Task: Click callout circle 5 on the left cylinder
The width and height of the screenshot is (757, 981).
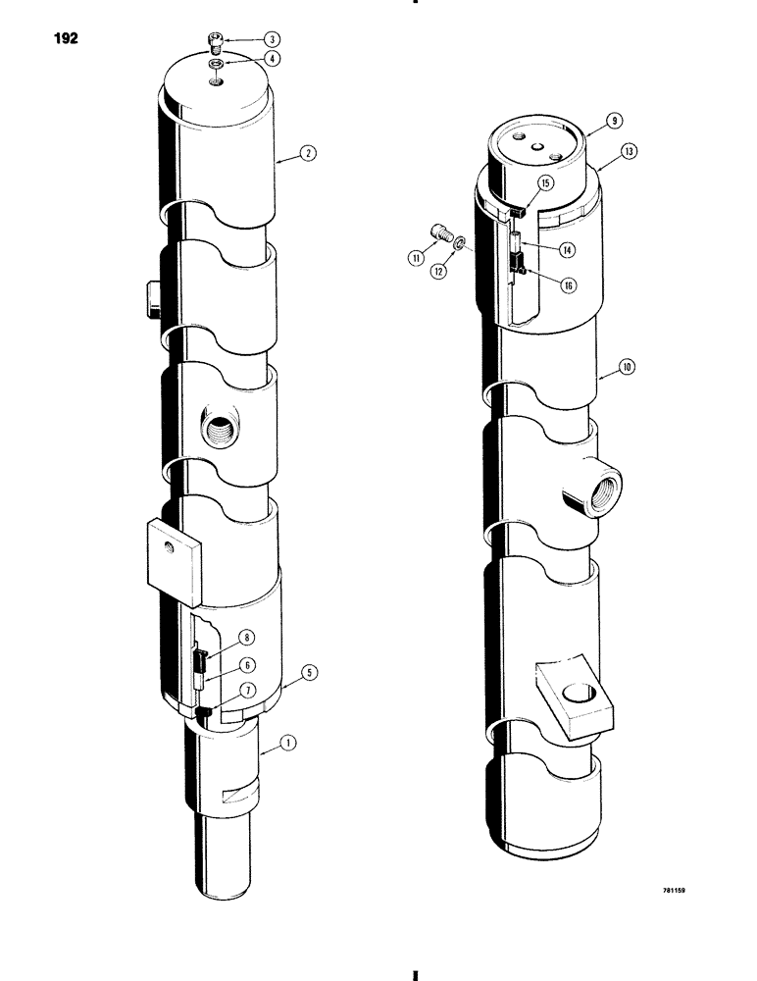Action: [x=309, y=672]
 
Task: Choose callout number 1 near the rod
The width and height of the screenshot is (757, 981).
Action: [x=286, y=746]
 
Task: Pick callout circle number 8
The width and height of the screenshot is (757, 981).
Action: [x=248, y=637]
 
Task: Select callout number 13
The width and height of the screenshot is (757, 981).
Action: [x=629, y=151]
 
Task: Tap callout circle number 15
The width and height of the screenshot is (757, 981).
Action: [x=545, y=182]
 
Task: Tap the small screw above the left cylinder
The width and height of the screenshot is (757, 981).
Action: [x=217, y=41]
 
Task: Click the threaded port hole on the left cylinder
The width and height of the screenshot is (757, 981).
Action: [x=216, y=428]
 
